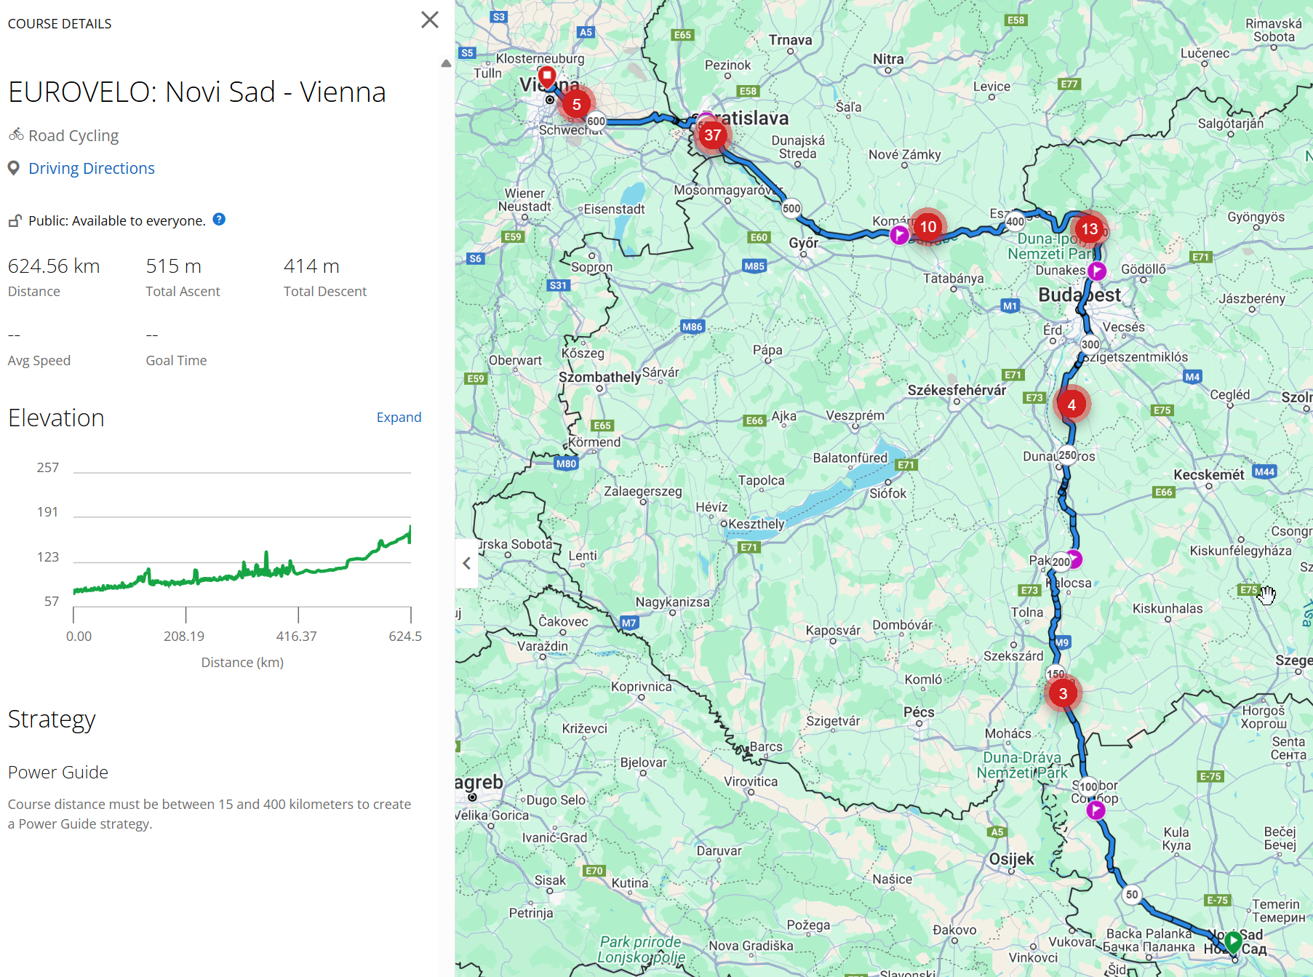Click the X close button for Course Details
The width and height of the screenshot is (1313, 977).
click(x=430, y=20)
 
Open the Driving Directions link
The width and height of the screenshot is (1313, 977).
click(x=91, y=169)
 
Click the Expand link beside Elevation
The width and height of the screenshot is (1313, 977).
click(x=399, y=418)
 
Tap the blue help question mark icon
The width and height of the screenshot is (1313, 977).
click(x=219, y=220)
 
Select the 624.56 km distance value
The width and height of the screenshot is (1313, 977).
click(x=54, y=266)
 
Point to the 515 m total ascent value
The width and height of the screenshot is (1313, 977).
click(x=173, y=266)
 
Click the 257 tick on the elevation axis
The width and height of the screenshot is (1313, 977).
click(x=48, y=468)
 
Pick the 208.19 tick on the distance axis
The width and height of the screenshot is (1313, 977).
click(x=184, y=637)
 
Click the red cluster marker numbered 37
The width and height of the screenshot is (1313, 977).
click(x=712, y=135)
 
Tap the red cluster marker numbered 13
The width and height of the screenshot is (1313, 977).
click(x=1089, y=229)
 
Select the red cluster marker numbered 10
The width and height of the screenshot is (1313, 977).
click(x=928, y=227)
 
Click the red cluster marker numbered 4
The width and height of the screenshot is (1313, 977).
click(x=1071, y=404)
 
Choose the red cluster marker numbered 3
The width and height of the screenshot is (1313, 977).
click(x=1063, y=694)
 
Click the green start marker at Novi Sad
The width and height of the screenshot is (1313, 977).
click(x=1233, y=941)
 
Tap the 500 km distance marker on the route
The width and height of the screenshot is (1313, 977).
click(x=791, y=208)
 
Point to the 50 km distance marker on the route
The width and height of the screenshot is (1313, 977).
click(x=1131, y=895)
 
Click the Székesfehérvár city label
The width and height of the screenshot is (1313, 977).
click(x=957, y=391)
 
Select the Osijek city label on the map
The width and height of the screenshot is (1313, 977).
click(x=1011, y=859)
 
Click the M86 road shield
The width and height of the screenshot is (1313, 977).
click(x=692, y=327)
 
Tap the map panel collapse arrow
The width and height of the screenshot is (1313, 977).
click(x=467, y=563)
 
